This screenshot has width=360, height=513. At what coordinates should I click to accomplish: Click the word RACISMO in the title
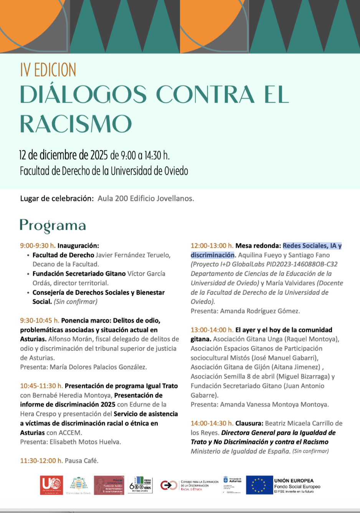click(x=76, y=124)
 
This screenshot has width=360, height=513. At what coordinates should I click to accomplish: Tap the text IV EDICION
click(x=48, y=70)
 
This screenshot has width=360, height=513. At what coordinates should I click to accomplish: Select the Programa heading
click(x=53, y=225)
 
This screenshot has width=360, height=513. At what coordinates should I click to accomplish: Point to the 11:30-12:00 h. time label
click(x=41, y=461)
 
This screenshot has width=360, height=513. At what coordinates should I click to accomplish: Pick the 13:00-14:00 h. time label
click(x=212, y=330)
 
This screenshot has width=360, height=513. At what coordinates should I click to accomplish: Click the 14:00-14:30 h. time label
click(x=212, y=423)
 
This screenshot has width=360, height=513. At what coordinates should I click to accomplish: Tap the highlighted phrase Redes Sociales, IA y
click(x=312, y=246)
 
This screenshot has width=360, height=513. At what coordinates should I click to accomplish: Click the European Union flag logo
click(x=259, y=485)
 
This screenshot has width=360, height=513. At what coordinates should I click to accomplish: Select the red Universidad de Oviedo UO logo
click(x=51, y=485)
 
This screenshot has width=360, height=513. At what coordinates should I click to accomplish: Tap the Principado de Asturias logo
click(x=232, y=485)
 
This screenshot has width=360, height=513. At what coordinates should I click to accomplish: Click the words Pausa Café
click(x=81, y=461)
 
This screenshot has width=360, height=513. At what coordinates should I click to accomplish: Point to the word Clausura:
click(x=249, y=423)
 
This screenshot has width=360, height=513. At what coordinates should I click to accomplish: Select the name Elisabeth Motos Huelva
click(x=85, y=442)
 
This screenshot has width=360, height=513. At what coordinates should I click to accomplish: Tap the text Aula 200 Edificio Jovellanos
click(x=146, y=199)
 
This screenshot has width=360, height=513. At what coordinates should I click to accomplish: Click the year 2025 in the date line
click(x=99, y=155)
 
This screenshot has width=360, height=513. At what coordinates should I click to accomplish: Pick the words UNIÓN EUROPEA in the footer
click(x=294, y=481)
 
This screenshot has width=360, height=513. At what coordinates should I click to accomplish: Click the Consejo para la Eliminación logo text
click(x=199, y=485)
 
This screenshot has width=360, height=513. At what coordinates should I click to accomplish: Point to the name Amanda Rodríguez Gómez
click(x=260, y=311)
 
